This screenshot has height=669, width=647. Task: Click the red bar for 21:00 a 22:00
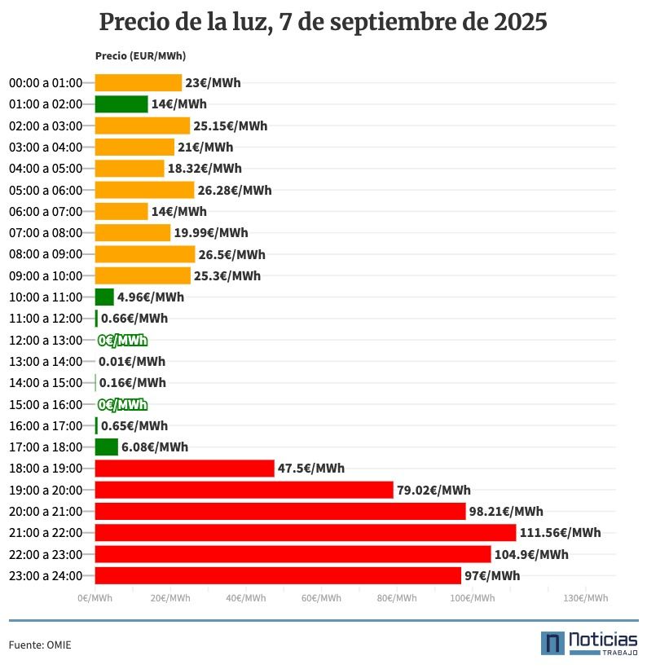click(305, 533)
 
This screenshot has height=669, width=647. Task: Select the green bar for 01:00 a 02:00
click(121, 104)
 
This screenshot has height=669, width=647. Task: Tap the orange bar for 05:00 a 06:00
click(144, 190)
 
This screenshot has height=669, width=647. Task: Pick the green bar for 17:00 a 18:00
click(106, 447)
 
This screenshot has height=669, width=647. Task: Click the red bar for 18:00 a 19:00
click(184, 469)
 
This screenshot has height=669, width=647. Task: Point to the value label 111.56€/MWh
click(560, 533)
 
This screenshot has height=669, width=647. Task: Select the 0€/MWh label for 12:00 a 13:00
click(122, 341)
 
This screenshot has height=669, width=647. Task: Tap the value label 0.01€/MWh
click(131, 362)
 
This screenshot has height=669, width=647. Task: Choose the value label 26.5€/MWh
click(231, 254)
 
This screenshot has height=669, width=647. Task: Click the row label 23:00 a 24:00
click(46, 576)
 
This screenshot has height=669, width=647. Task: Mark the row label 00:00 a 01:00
click(46, 83)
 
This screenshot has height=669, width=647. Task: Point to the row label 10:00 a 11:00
click(46, 297)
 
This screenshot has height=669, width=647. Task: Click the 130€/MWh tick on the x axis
click(586, 598)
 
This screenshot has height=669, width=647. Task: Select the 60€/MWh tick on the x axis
click(321, 598)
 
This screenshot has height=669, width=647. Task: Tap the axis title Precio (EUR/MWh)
click(140, 56)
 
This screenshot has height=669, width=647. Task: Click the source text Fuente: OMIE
click(40, 645)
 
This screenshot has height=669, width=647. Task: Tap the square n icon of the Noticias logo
click(552, 643)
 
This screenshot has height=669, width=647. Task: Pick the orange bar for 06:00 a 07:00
click(121, 212)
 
